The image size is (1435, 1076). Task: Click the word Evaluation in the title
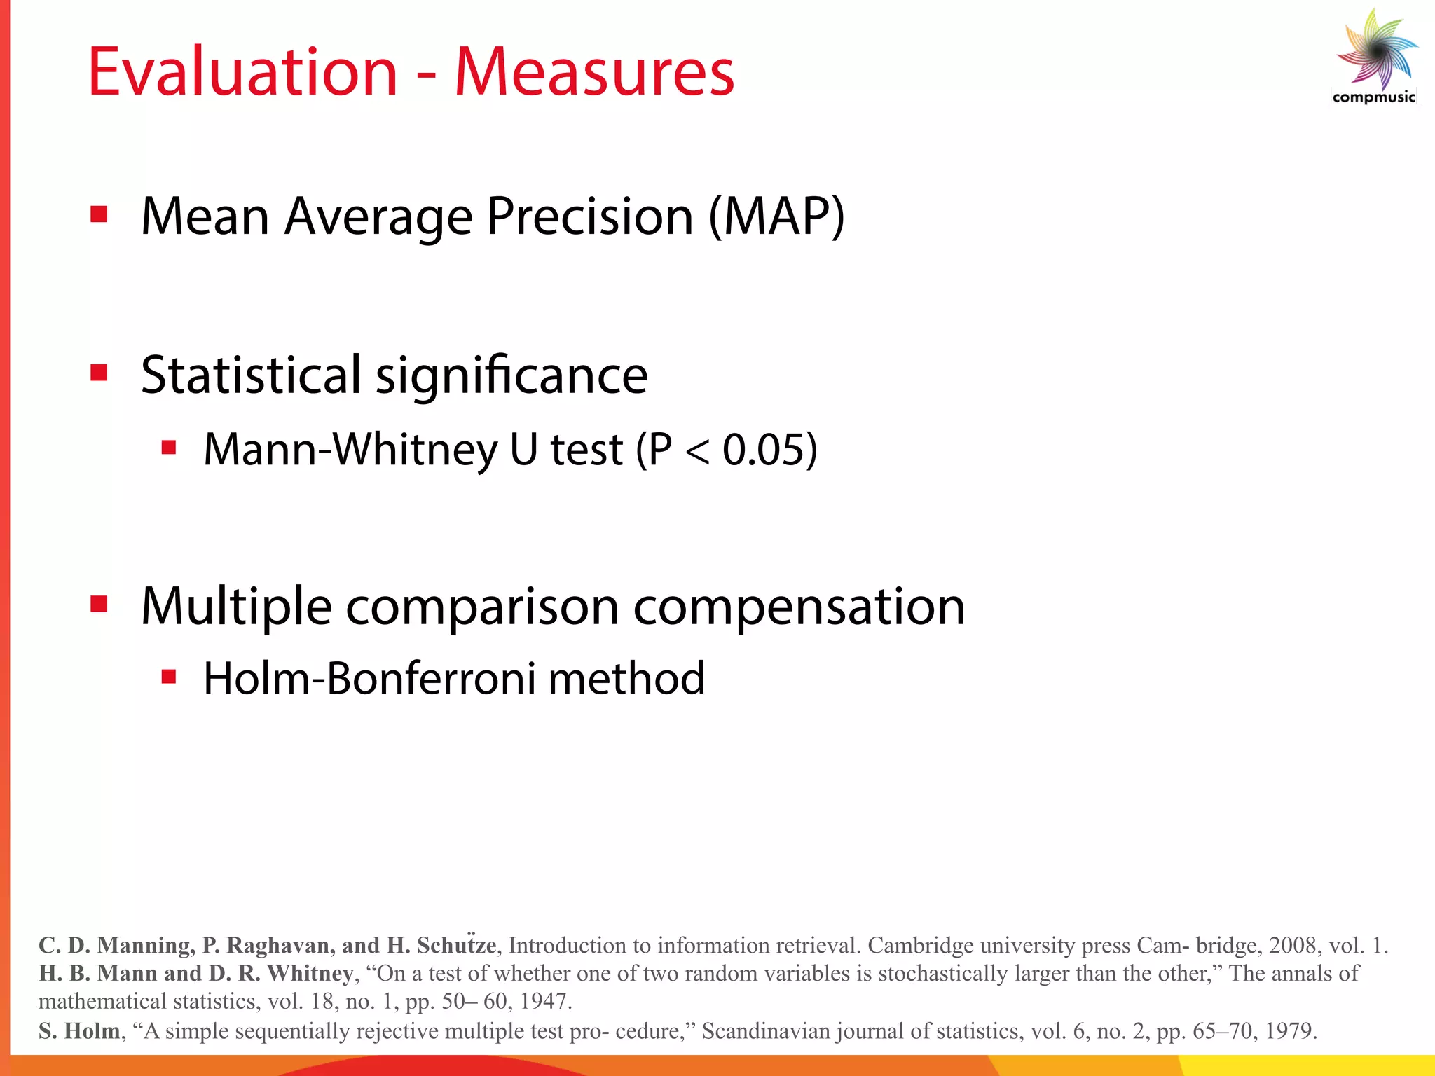pyautogui.click(x=242, y=72)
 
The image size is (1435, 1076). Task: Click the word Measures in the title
pyautogui.click(x=594, y=72)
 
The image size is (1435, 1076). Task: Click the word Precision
pyautogui.click(x=590, y=216)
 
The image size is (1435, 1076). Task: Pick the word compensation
pyautogui.click(x=799, y=606)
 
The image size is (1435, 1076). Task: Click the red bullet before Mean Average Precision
pyautogui.click(x=99, y=214)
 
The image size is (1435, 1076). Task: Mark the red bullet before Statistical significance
pyautogui.click(x=99, y=373)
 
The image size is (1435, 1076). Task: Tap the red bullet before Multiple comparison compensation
pyautogui.click(x=99, y=603)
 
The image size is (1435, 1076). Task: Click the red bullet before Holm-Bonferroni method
pyautogui.click(x=168, y=677)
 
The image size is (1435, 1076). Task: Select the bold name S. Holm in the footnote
pyautogui.click(x=79, y=1030)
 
